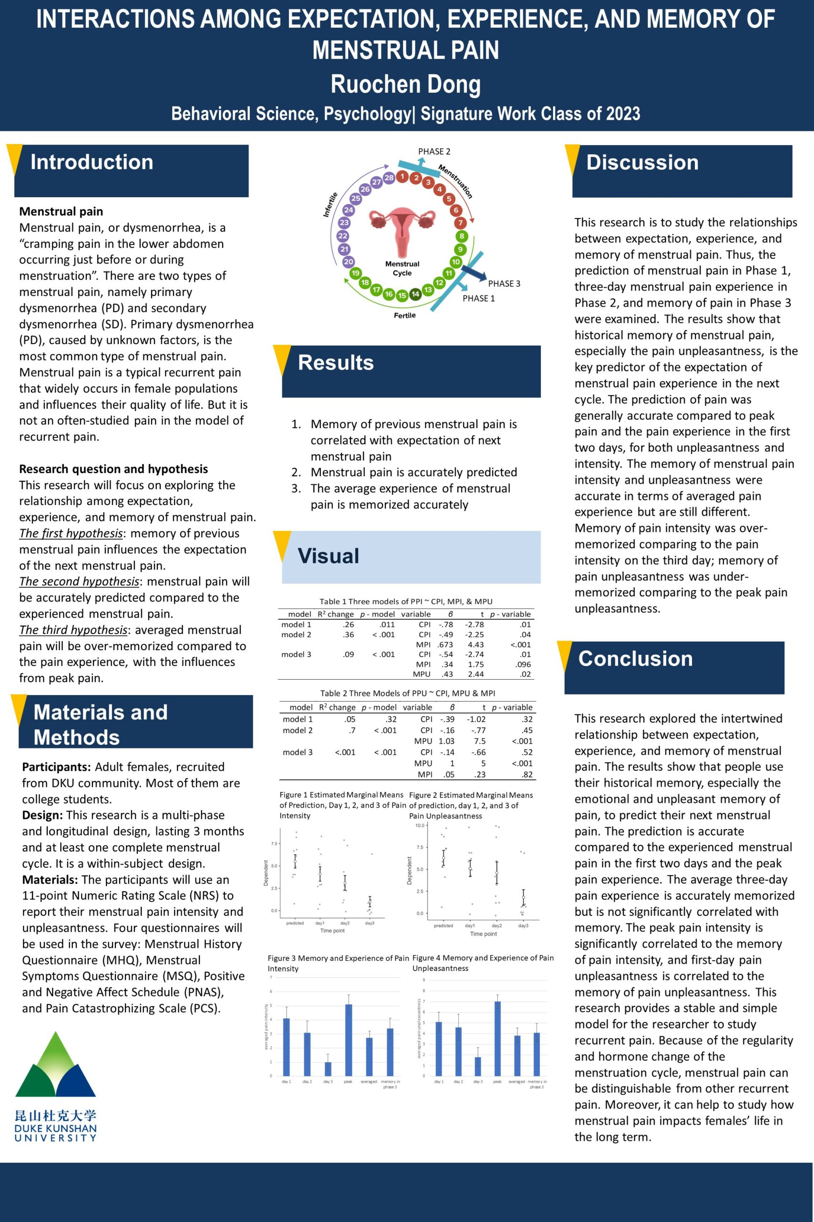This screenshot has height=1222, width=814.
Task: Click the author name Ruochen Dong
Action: (x=405, y=84)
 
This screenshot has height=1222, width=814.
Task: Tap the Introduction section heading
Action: (x=92, y=162)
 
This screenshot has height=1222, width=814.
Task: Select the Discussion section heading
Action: (x=642, y=163)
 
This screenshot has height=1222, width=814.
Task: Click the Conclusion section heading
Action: (x=636, y=659)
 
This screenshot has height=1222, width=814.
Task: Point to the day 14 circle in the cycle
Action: (x=415, y=294)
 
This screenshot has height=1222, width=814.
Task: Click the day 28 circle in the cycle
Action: (x=389, y=178)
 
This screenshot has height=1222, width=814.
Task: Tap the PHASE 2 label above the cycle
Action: (x=434, y=152)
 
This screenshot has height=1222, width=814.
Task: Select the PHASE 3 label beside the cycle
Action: (x=504, y=284)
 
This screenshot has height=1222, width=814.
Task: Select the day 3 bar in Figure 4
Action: (x=478, y=1065)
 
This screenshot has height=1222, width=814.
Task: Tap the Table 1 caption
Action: (x=405, y=601)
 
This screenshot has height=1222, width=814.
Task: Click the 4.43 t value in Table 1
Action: (x=475, y=645)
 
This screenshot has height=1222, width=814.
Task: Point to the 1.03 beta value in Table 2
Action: (x=446, y=741)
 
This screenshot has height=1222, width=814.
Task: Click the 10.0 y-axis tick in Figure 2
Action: (x=420, y=825)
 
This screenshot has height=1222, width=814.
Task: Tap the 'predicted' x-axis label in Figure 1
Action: (x=295, y=923)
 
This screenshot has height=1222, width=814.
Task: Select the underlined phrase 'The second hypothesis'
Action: (x=79, y=581)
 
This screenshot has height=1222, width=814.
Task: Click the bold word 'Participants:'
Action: (x=57, y=767)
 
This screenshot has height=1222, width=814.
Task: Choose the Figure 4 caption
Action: (x=483, y=963)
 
